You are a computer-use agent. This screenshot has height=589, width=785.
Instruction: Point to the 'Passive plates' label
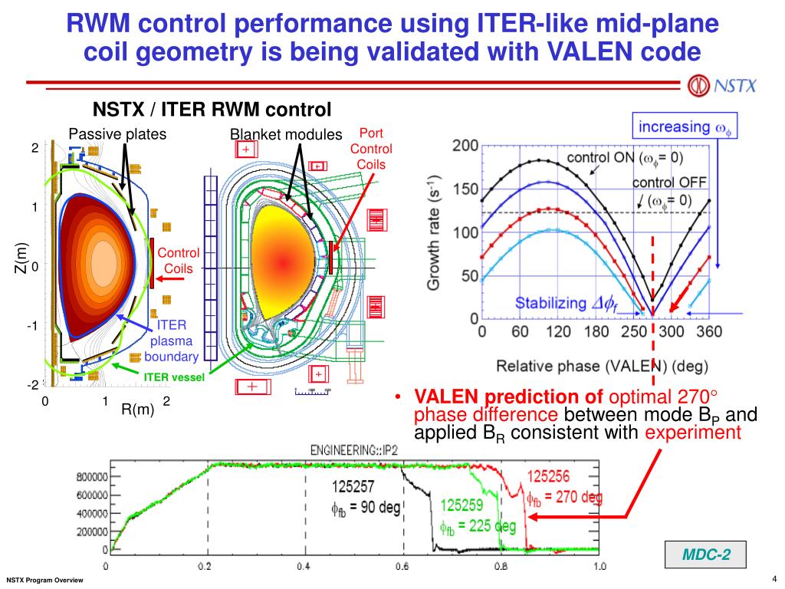pyautogui.click(x=117, y=134)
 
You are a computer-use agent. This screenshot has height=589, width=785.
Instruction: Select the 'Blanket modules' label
pyautogui.click(x=286, y=135)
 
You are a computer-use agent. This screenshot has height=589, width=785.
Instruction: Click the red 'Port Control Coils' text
pyautogui.click(x=370, y=149)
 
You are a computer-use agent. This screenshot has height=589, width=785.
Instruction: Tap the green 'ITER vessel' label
pyautogui.click(x=174, y=377)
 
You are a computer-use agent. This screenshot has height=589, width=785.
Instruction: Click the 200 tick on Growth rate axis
pyautogui.click(x=465, y=146)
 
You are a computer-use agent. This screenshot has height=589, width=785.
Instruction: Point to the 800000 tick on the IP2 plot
pyautogui.click(x=90, y=476)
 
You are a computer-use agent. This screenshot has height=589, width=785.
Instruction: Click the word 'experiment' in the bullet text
pyautogui.click(x=692, y=433)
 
